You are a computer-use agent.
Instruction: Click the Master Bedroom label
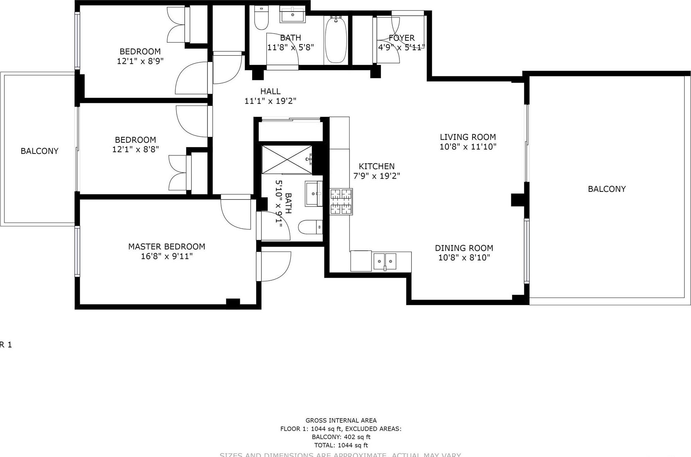click(x=166, y=246)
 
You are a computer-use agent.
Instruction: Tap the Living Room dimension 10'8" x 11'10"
click(x=468, y=147)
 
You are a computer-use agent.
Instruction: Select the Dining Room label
click(x=464, y=248)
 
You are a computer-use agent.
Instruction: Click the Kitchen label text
click(x=377, y=166)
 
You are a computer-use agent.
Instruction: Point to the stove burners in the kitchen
click(x=341, y=201)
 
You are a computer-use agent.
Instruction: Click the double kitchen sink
click(x=385, y=262)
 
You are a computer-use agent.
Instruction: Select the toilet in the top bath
click(x=261, y=18)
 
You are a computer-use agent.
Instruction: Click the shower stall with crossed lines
click(x=287, y=159)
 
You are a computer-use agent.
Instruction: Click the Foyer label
click(x=402, y=38)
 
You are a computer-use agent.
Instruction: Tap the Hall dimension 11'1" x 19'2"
click(x=270, y=101)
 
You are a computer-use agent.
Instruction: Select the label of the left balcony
click(x=39, y=151)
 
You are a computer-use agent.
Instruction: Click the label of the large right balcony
click(x=606, y=189)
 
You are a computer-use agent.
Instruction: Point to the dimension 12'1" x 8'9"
click(x=140, y=61)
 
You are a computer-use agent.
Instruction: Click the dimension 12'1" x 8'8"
click(x=135, y=149)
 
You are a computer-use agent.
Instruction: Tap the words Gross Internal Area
click(x=341, y=420)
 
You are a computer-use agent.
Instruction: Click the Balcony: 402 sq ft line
click(x=341, y=437)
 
